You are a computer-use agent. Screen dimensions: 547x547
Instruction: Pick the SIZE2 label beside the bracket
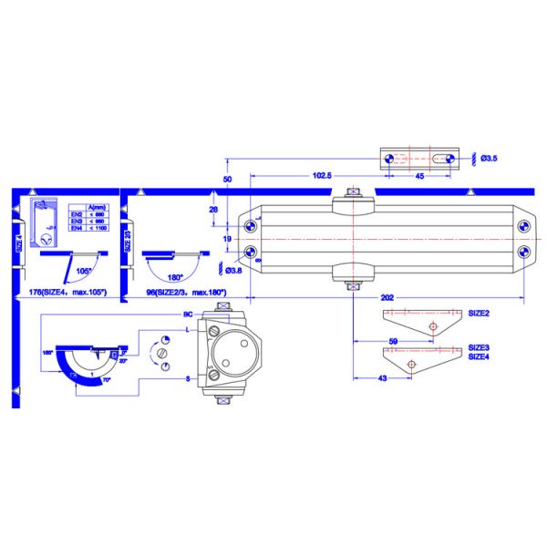480,313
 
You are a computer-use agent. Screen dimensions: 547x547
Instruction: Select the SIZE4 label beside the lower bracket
480,356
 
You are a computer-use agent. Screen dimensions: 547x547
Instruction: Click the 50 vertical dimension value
227,179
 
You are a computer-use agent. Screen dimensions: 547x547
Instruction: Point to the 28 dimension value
212,210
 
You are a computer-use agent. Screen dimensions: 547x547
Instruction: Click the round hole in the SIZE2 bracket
434,325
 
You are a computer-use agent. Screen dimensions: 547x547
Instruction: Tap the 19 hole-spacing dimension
227,238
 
